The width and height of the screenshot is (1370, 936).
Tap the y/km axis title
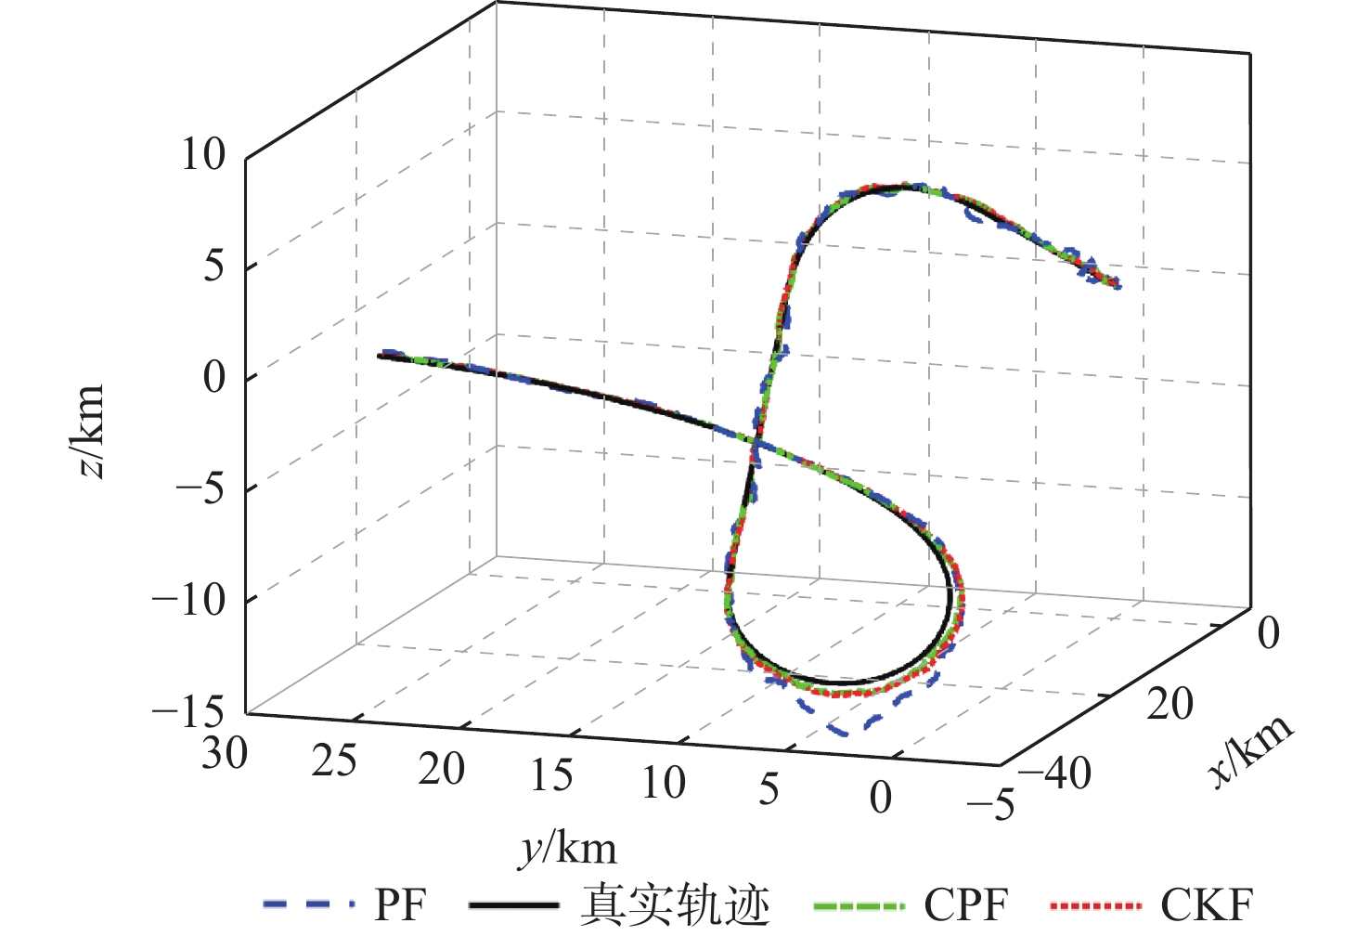tap(567, 848)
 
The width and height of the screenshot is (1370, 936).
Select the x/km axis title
tap(1253, 750)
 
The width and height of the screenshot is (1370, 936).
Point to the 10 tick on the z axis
tap(203, 154)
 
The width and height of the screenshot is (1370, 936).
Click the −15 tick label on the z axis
tap(188, 713)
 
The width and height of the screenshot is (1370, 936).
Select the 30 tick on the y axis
tap(225, 753)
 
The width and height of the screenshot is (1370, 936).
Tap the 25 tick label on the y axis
tap(334, 761)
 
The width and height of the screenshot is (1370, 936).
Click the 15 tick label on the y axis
tap(551, 775)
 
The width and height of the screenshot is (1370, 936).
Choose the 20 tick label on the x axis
tap(1170, 704)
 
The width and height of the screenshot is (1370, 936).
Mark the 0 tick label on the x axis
tap(1268, 633)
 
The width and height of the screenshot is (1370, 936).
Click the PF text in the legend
tap(401, 904)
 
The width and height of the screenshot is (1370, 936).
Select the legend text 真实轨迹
tap(676, 904)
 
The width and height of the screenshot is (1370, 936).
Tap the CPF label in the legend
tap(966, 904)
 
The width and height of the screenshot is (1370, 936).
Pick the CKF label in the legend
tap(1207, 904)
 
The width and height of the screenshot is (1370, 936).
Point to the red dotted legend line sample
tap(1095, 904)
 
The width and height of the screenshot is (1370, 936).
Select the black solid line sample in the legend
tap(514, 904)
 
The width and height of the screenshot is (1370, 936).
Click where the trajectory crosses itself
tap(756, 444)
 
